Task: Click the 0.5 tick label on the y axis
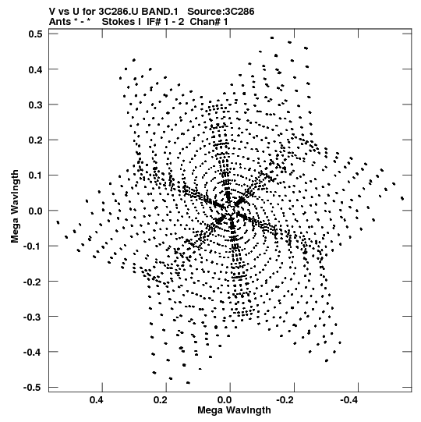36,34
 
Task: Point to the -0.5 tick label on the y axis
33,388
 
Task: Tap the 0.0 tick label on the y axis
36,211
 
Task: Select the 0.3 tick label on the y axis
36,105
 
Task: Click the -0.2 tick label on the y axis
33,282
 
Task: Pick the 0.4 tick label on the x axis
97,400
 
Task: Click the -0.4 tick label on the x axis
350,400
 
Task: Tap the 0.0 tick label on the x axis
225,400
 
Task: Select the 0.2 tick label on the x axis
161,400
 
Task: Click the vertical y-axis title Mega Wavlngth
15,207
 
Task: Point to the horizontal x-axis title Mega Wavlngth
234,410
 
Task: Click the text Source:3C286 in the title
221,12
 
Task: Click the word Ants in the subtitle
60,22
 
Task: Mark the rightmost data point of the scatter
402,199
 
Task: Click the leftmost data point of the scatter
58,222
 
